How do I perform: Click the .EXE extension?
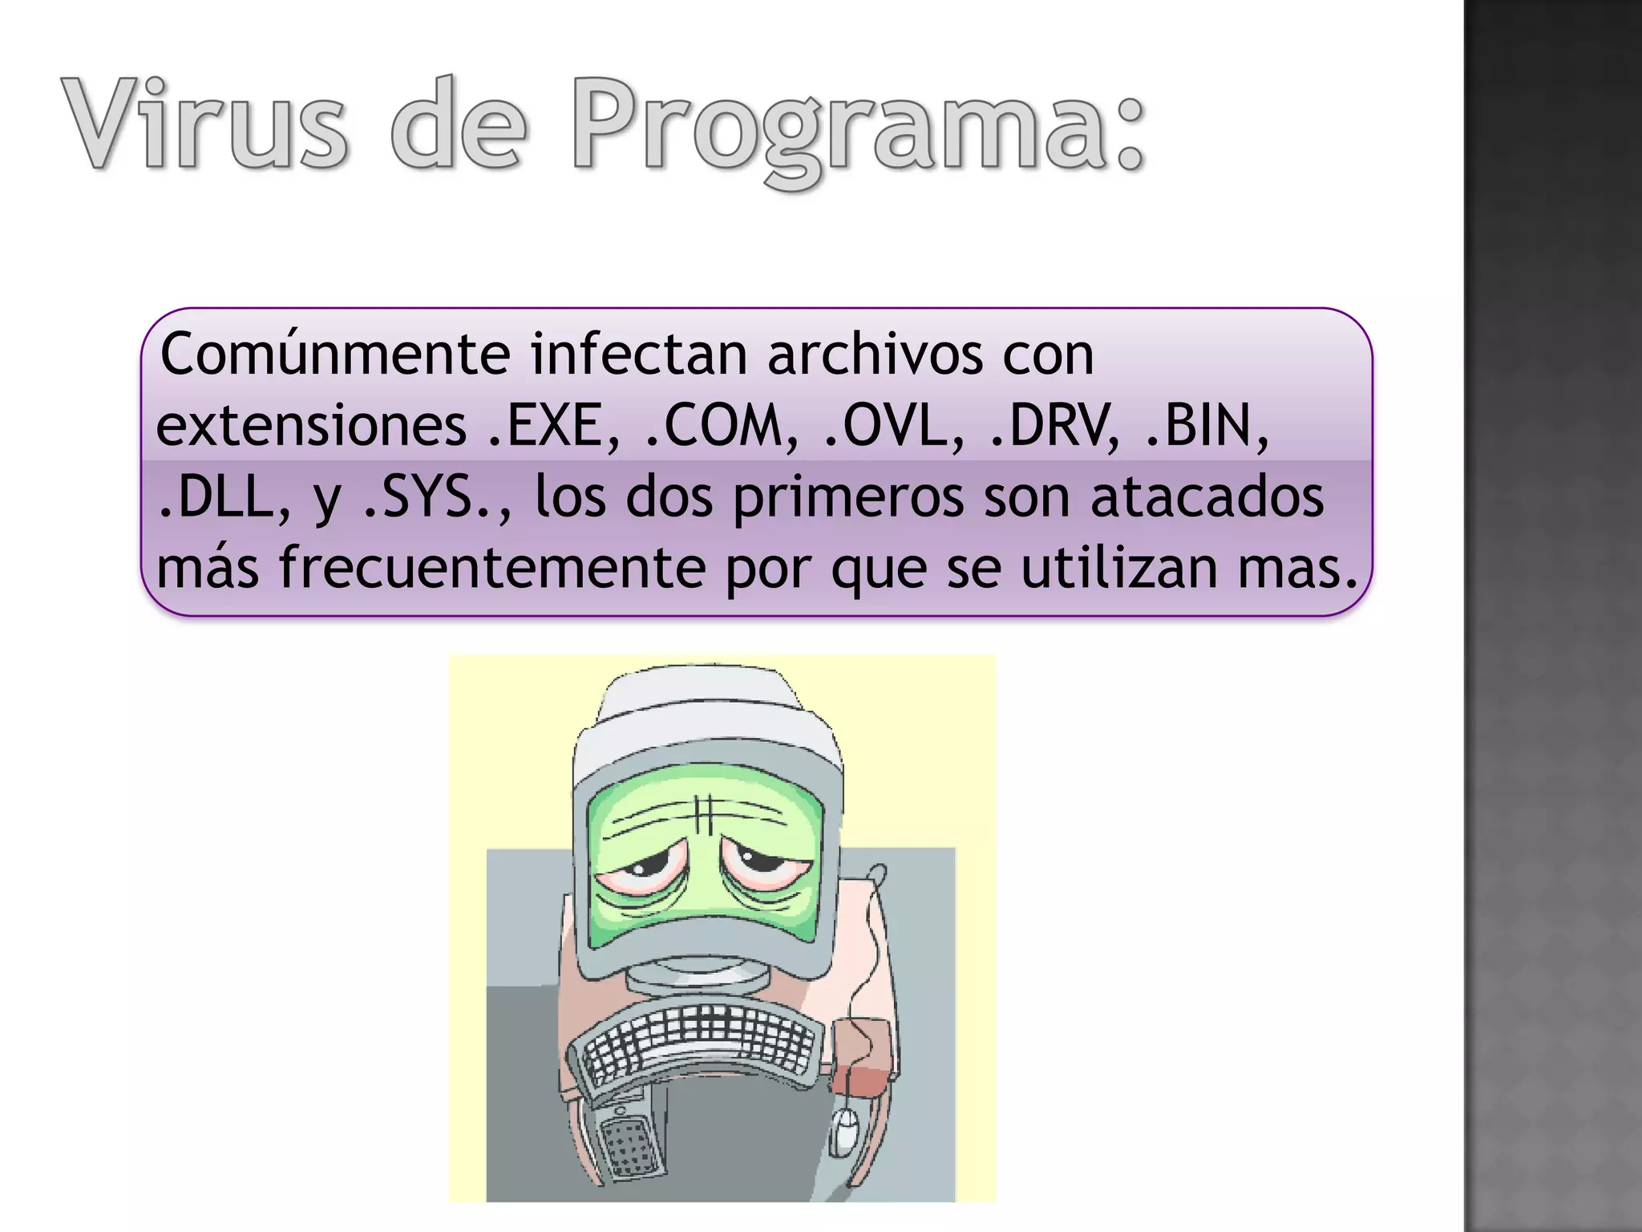[553, 426]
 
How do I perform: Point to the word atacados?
[1206, 497]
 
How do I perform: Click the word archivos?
[874, 354]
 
